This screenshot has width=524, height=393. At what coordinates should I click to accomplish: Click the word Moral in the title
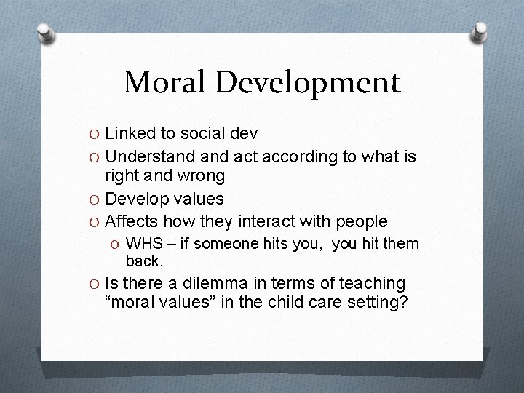click(x=165, y=82)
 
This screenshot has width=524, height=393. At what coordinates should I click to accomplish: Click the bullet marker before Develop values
click(x=93, y=199)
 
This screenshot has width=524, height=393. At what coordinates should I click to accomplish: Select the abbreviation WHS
click(x=143, y=242)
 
